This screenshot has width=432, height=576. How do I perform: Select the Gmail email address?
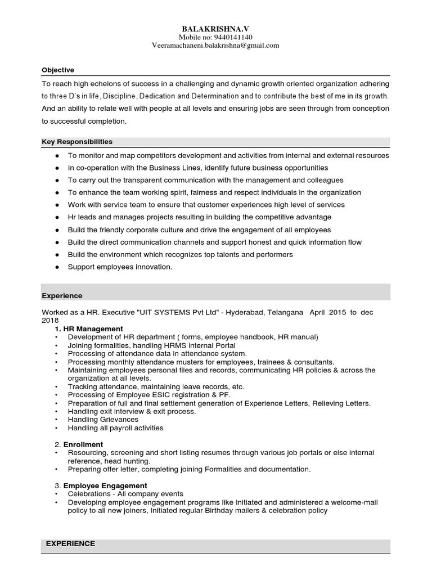click(x=215, y=46)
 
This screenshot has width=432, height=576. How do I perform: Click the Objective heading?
click(x=58, y=70)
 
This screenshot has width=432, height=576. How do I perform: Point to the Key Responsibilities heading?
click(x=77, y=142)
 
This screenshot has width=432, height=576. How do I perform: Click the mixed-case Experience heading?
click(x=62, y=296)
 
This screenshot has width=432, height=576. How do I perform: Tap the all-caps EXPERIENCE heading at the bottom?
click(x=70, y=544)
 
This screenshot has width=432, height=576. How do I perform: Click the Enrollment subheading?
click(x=83, y=444)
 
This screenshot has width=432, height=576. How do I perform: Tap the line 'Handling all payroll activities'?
click(x=115, y=428)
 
